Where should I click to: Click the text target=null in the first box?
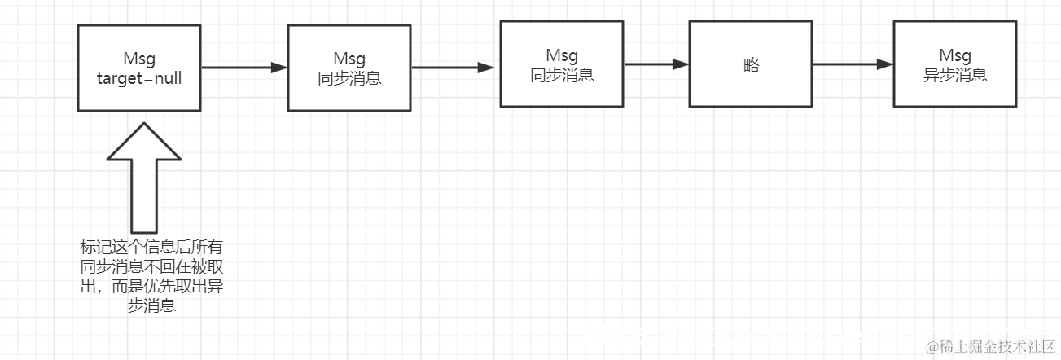click(x=139, y=78)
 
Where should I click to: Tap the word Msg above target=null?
click(x=139, y=59)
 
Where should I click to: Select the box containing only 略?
click(x=750, y=64)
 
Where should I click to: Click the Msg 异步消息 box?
click(x=954, y=64)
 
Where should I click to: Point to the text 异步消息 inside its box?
click(x=954, y=75)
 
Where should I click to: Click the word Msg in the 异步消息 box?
click(x=954, y=55)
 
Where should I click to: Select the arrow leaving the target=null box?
click(x=243, y=68)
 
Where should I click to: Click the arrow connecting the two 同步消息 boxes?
click(x=454, y=68)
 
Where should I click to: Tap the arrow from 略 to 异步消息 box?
click(x=852, y=64)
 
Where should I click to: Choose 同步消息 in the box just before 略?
click(x=562, y=75)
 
